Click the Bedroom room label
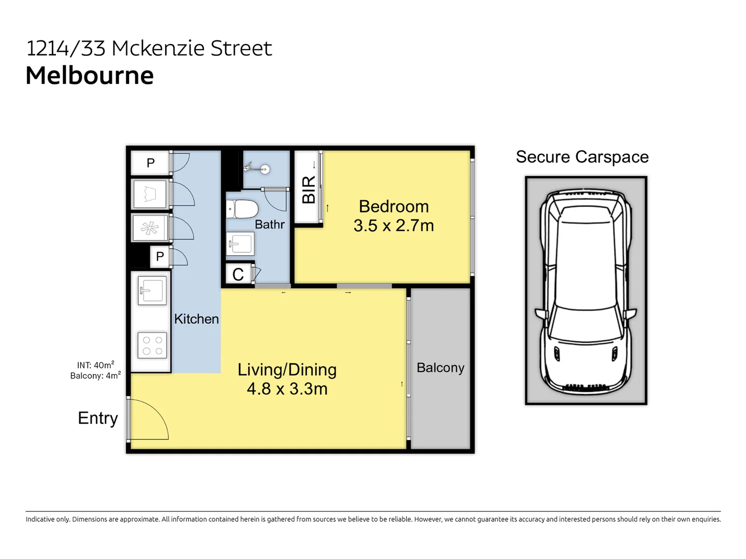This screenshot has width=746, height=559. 394,207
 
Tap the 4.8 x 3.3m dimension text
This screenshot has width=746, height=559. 287,389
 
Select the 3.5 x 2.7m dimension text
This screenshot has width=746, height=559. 394,226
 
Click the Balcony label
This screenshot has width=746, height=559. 440,367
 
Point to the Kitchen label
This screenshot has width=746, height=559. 196,319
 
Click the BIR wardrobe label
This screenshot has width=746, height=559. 309,189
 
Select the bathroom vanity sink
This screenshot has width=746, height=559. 240,243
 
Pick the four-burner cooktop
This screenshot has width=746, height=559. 152,345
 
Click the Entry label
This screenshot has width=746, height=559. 98,418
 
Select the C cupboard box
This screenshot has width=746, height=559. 238,274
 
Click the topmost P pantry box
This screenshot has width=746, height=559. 150,163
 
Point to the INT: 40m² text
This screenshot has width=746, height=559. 96,365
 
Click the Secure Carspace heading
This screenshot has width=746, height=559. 582,157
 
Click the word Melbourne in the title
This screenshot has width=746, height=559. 90,76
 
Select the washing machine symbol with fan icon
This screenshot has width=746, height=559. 150,228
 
